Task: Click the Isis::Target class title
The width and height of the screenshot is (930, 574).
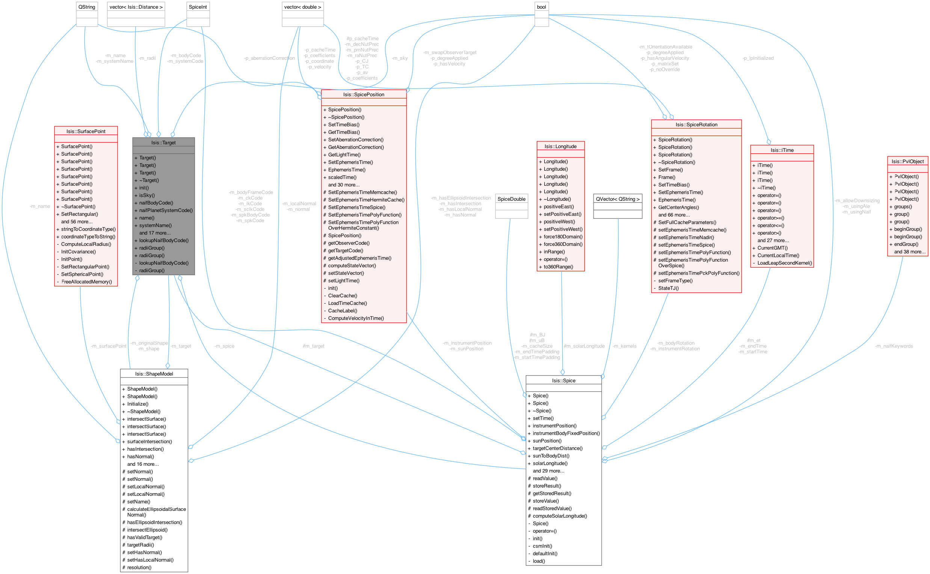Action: [x=163, y=143]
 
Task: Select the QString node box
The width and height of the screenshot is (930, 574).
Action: [x=86, y=7]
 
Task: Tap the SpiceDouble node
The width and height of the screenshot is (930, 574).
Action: [x=511, y=199]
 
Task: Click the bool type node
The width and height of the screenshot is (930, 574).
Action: [x=541, y=7]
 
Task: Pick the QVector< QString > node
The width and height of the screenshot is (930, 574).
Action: [x=617, y=199]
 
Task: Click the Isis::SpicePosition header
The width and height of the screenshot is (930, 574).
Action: [x=363, y=94]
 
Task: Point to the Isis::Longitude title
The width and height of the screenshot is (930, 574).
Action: [x=560, y=147]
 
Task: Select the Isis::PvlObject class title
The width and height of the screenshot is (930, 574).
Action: [x=907, y=161]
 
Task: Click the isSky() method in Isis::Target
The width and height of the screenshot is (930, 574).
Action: [x=147, y=195]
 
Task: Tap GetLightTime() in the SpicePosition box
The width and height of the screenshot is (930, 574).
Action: [x=344, y=155]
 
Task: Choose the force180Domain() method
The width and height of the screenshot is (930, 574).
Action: [x=563, y=237]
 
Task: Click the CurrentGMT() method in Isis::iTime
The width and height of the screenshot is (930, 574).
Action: [x=772, y=248]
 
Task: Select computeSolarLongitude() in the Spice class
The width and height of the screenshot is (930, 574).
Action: [x=559, y=516]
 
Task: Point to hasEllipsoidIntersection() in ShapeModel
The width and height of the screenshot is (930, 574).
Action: [x=154, y=523]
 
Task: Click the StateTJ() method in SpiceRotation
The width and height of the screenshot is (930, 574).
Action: [x=668, y=288]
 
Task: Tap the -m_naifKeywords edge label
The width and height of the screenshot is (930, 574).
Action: [x=894, y=346]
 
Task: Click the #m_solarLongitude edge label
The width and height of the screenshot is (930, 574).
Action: [x=584, y=346]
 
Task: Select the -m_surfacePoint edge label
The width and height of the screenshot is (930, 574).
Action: [x=109, y=346]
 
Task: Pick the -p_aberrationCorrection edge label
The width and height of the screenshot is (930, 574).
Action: [x=269, y=59]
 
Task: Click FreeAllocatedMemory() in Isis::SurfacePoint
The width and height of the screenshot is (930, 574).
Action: [x=86, y=282]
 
